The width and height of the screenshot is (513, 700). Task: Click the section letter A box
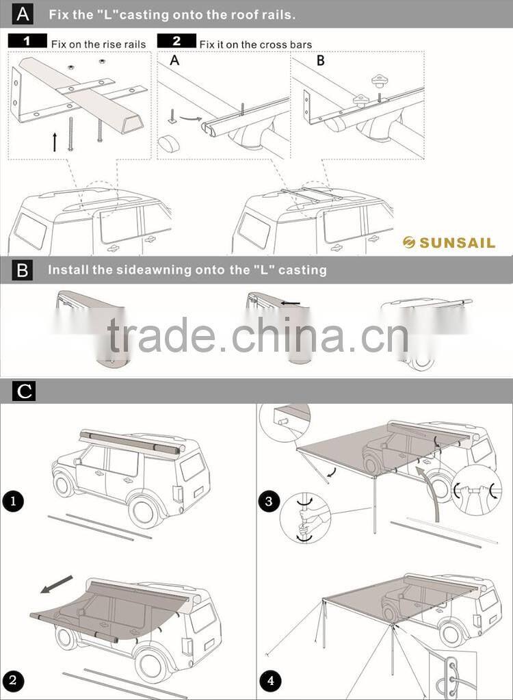[x=23, y=13]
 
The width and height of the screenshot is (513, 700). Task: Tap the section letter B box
[x=23, y=270]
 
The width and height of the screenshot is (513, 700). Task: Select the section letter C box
[x=24, y=391]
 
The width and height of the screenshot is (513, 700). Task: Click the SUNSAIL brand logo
[x=448, y=242]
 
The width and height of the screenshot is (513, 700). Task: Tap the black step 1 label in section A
[x=27, y=42]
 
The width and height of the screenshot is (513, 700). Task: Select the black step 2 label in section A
[x=176, y=42]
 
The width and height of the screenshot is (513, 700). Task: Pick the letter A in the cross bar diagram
[x=174, y=60]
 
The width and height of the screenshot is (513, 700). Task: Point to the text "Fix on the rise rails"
[x=98, y=44]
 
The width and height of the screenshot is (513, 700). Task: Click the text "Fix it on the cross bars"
[x=255, y=44]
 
